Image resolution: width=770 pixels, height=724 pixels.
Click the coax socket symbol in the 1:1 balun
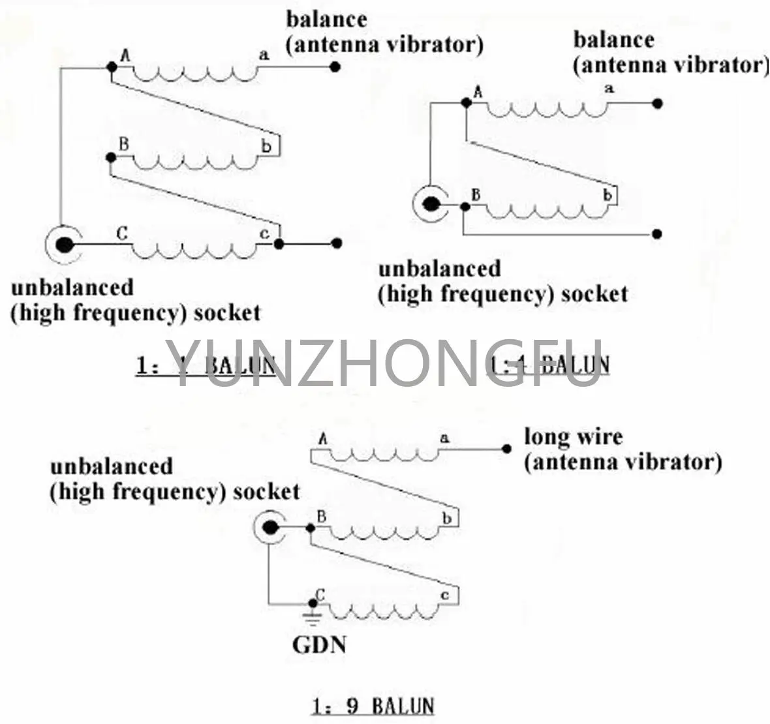click(x=64, y=245)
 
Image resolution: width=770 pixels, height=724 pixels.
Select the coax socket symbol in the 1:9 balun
click(x=269, y=528)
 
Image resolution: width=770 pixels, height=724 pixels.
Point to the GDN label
click(x=319, y=645)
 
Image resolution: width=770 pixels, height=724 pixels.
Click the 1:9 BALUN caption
click(x=373, y=706)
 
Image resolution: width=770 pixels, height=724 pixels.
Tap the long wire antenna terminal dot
click(x=506, y=449)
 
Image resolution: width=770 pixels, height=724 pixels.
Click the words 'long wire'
click(x=573, y=436)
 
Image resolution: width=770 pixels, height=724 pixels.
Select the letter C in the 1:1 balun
click(x=121, y=233)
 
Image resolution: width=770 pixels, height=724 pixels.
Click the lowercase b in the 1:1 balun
click(x=266, y=146)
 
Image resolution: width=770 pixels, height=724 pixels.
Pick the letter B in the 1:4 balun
click(x=476, y=194)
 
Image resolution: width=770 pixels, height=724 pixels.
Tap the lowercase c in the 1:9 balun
click(x=445, y=595)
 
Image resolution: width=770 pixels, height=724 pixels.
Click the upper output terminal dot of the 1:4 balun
click(x=658, y=103)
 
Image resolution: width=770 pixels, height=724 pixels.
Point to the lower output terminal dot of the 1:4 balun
click(x=658, y=234)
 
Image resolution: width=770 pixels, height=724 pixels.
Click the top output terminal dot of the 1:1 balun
click(x=335, y=66)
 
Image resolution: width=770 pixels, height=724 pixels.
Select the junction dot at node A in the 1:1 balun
click(x=112, y=66)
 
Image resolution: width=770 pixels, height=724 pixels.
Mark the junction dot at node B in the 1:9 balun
click(x=309, y=528)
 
